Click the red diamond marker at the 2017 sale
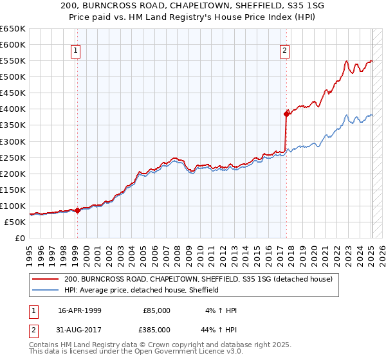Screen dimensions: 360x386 point(287,114)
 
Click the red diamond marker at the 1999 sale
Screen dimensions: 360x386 point(77,210)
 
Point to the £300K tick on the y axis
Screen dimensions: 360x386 point(13,141)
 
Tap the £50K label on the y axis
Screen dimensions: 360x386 point(15,222)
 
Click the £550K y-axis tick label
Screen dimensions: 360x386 point(13,60)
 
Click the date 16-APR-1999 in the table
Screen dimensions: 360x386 point(81,310)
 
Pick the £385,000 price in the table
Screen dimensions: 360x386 point(156,329)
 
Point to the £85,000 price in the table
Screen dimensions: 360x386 point(156,310)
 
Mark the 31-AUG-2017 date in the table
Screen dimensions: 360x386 point(81,329)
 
